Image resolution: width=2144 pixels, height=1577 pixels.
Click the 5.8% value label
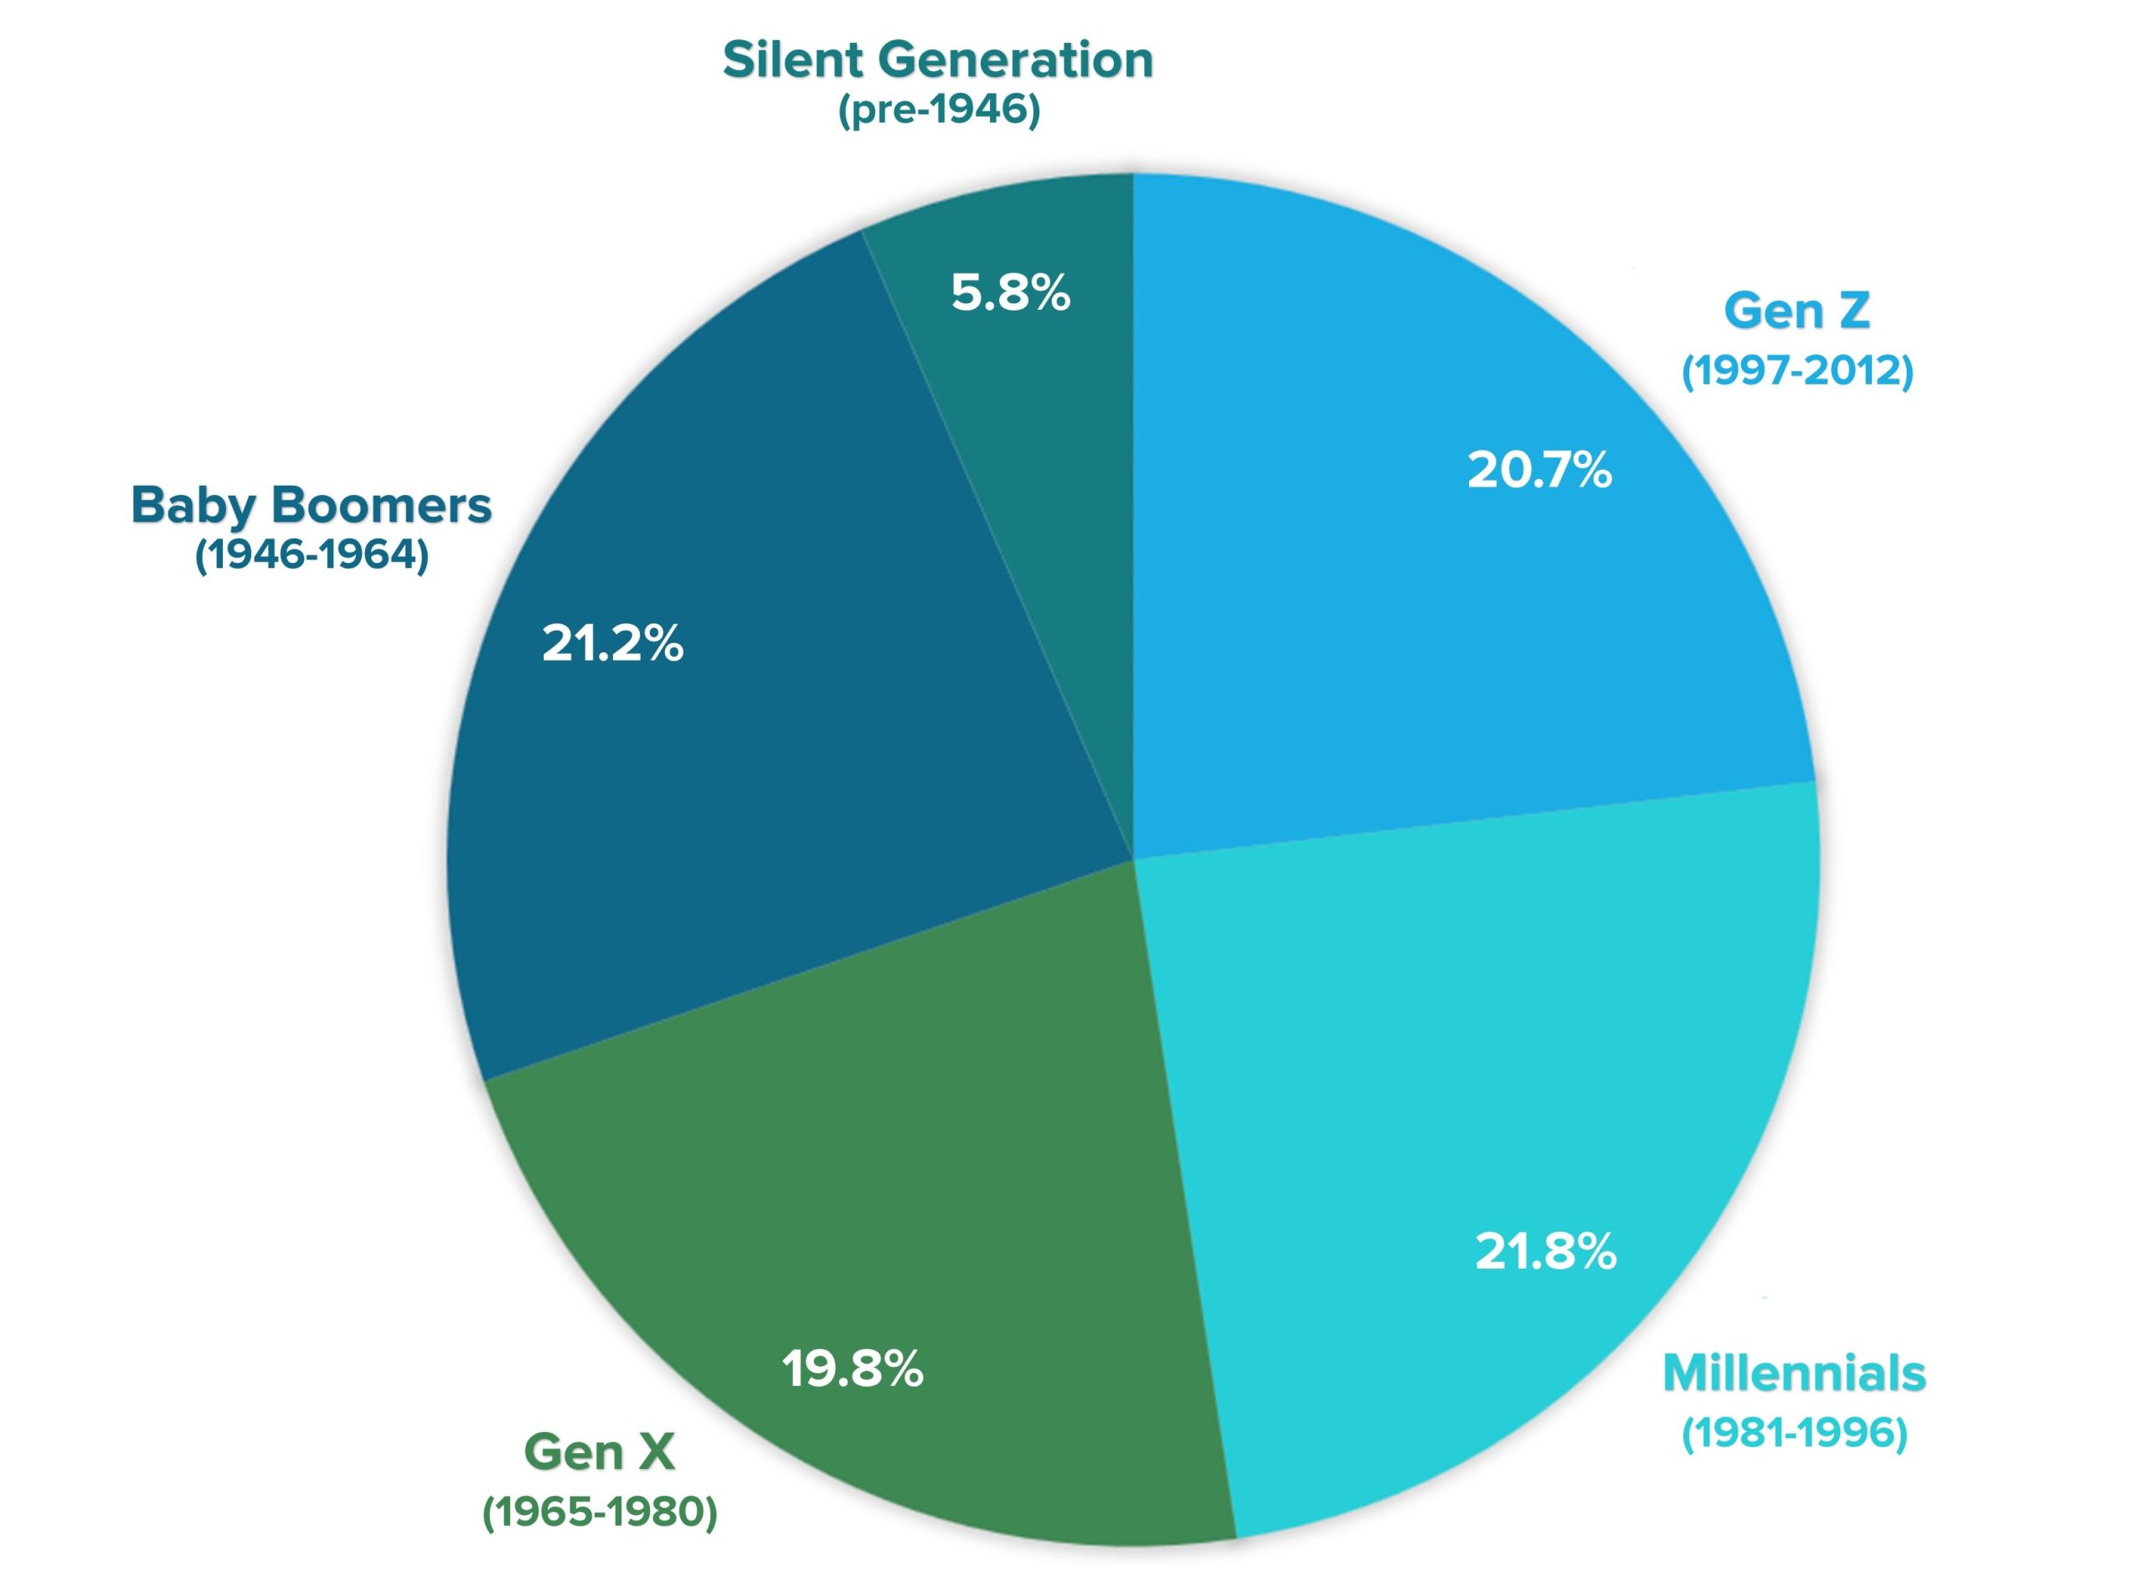coord(1010,292)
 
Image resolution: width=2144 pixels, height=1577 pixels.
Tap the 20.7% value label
coord(1538,470)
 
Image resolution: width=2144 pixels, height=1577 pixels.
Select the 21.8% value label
coord(1544,1250)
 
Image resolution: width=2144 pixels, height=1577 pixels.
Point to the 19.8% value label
coord(852,1369)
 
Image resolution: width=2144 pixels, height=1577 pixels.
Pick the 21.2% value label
coord(612,643)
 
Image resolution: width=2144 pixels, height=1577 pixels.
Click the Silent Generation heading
coord(937,59)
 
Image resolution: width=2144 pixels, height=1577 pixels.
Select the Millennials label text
coord(1794,1373)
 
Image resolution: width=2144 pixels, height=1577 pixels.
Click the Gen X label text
coord(600,1452)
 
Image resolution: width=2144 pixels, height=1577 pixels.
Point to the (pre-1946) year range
coord(938,111)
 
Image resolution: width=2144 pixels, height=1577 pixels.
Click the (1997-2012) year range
coord(1796,370)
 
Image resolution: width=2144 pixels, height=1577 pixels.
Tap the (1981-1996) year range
coord(1794,1432)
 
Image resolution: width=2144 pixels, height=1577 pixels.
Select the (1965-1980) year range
coord(600,1511)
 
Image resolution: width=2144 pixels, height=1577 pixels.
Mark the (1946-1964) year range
coord(312,555)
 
